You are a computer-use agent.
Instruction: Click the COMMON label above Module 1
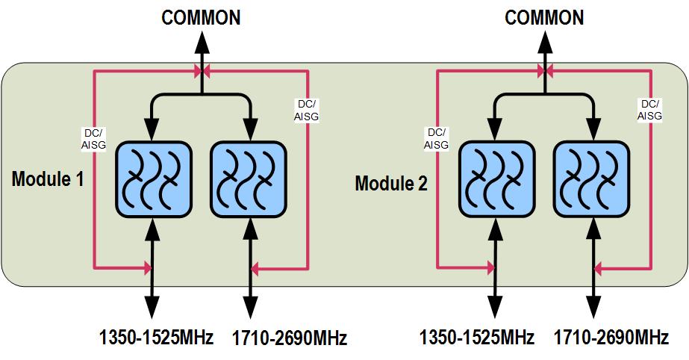(x=202, y=18)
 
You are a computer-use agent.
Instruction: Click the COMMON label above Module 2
(x=545, y=18)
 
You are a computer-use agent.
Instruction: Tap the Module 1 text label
(x=48, y=179)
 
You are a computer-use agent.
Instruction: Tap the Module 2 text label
(x=391, y=183)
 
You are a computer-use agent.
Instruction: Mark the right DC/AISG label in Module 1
(x=307, y=110)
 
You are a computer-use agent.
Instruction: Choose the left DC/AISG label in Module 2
(x=436, y=138)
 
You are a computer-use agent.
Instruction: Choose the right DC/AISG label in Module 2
(x=649, y=110)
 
